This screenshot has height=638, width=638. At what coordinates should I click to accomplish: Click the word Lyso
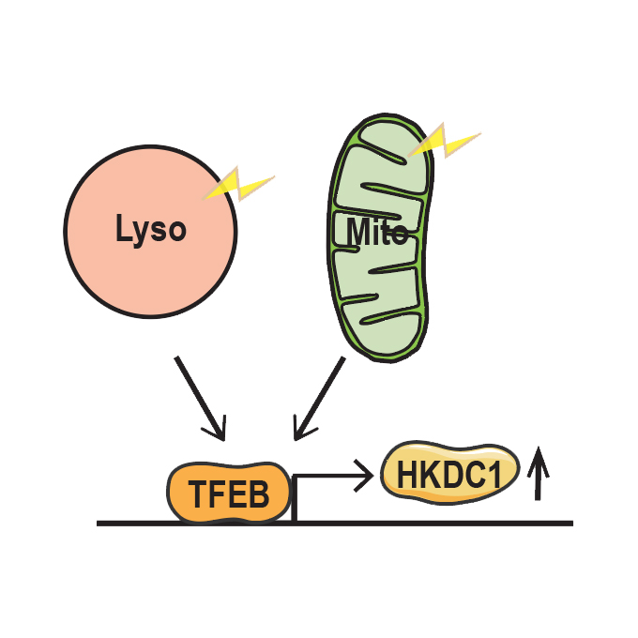150,229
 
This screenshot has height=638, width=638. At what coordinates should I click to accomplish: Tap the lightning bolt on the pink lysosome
240,186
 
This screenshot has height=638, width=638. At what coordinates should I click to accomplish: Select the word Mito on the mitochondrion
376,231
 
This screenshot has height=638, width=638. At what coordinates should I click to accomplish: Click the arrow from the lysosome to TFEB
199,397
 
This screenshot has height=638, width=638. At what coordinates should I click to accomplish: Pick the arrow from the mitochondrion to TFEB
320,397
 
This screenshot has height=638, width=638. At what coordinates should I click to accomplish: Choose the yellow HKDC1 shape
450,474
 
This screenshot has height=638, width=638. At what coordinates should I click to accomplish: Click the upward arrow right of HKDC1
538,474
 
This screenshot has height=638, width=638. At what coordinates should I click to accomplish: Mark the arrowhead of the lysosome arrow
218,429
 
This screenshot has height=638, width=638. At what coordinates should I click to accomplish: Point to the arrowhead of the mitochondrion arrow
301,430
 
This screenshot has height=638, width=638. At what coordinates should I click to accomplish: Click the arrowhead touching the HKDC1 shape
363,477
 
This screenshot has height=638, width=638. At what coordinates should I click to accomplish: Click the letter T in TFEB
198,494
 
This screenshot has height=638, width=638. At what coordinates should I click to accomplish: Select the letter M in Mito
357,231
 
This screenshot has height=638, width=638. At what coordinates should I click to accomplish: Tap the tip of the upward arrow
538,451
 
